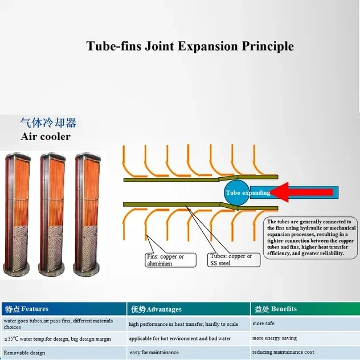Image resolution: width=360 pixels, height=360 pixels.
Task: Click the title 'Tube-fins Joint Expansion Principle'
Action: pos(190,46)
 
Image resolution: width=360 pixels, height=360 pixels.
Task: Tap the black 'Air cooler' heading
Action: pos(46,137)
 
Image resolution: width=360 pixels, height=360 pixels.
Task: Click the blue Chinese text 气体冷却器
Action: pos(48,122)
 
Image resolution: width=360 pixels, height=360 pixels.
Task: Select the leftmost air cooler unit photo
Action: pos(17,214)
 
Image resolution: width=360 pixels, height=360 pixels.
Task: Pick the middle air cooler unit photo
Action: pos(52,214)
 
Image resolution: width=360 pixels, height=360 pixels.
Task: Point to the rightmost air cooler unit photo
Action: pos(87,214)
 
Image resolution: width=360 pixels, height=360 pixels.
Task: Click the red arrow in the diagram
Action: pos(301,193)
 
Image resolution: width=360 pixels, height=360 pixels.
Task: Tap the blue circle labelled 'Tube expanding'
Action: pos(236,193)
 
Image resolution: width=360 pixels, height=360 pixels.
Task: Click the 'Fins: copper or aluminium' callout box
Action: pos(170,260)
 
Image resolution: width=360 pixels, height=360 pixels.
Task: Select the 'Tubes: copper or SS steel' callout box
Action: pos(234,260)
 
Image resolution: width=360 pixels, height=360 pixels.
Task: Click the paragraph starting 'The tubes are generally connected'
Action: pos(311,238)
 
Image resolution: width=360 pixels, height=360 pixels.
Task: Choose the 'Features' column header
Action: pos(64,309)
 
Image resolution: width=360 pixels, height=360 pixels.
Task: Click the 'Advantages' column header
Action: pos(189,309)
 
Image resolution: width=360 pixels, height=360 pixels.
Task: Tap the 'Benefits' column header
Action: pos(305,309)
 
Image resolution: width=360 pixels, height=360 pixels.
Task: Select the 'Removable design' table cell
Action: pos(64,353)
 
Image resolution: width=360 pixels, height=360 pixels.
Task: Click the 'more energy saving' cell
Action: pos(305,338)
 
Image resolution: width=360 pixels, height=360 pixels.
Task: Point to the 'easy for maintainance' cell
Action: pos(189,353)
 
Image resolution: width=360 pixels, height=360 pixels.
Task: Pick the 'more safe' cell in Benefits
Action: pos(305,324)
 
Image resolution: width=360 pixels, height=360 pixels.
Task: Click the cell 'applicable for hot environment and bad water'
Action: pos(189,338)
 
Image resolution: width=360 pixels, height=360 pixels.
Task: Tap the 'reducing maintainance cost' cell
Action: pos(305,352)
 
